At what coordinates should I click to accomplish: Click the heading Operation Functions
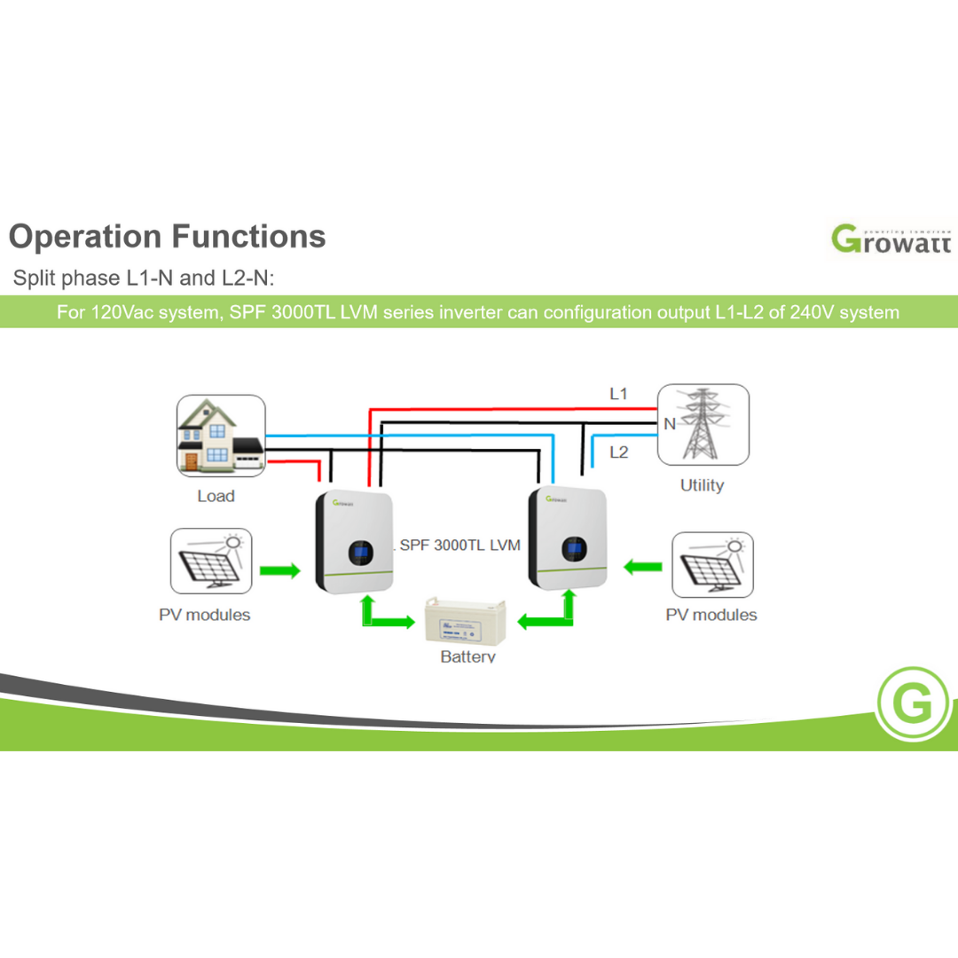pos(167,237)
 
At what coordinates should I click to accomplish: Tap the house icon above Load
pos(220,436)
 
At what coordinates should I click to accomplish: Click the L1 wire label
pos(618,393)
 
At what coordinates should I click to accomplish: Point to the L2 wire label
pos(618,452)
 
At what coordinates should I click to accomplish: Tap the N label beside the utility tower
pos(669,424)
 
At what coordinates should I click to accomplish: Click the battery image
pos(467,621)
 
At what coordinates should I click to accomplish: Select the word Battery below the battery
pos(467,657)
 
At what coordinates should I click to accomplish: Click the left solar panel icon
pos(210,562)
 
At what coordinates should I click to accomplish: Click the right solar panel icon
pos(712,564)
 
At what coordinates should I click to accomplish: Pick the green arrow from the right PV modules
pos(643,565)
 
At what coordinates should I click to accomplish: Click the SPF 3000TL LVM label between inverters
pos(459,545)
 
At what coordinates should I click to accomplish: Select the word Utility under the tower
pos(702,485)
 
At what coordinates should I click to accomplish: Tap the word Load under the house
pos(216,496)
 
